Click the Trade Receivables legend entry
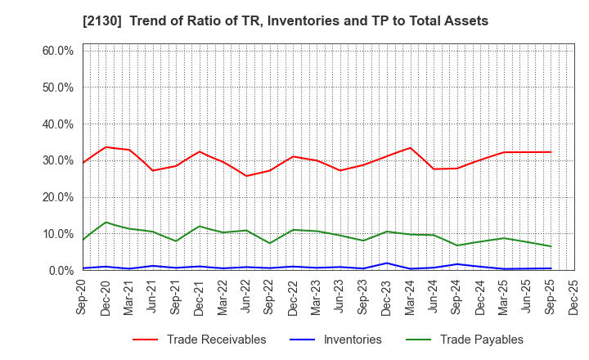tap(216, 340)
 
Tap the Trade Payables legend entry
tap(481, 340)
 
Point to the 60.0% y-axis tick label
tap(57, 51)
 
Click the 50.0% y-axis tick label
tap(57, 88)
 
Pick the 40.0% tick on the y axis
tap(57, 124)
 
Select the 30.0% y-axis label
tap(57, 160)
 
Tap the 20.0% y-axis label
tap(57, 197)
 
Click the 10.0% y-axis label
tap(57, 234)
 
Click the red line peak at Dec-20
tap(106, 147)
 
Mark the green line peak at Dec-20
tap(106, 223)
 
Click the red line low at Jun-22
tap(246, 176)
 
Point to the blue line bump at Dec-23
tap(387, 263)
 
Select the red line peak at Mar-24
tap(410, 148)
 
